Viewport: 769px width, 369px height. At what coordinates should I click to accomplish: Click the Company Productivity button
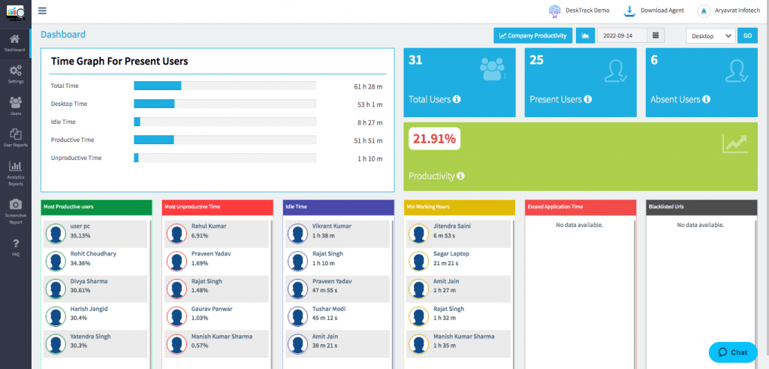[533, 35]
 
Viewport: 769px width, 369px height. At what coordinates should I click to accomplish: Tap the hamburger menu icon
[42, 11]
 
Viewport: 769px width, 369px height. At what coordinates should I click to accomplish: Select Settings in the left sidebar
[15, 74]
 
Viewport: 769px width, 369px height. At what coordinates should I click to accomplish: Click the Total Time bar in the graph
[158, 86]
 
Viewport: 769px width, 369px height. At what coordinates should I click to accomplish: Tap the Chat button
[732, 352]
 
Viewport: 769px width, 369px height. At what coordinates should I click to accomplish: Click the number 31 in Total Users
[415, 60]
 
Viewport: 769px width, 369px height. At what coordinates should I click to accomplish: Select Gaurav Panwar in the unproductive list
[212, 308]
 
